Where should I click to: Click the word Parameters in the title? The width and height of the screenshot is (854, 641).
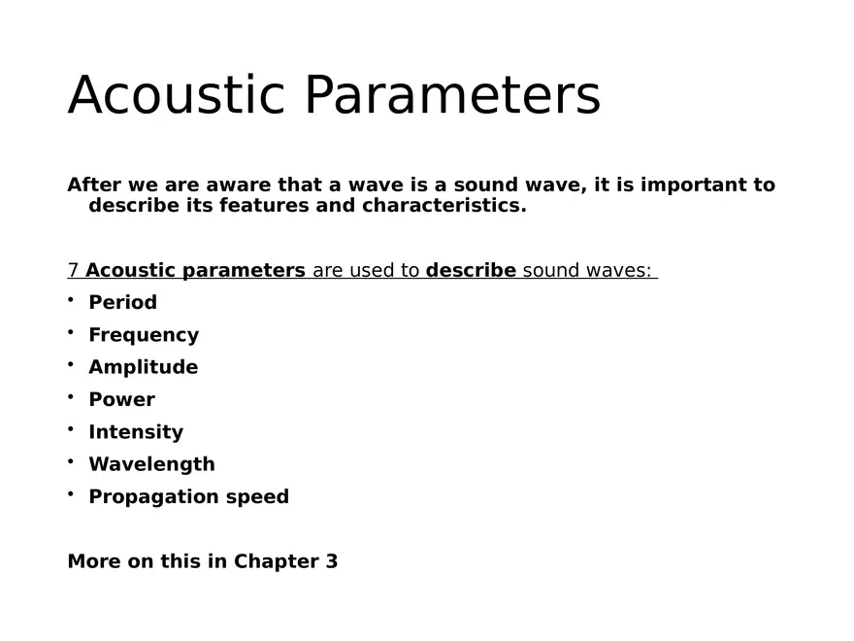coord(452,95)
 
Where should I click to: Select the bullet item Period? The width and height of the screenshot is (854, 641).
coord(122,302)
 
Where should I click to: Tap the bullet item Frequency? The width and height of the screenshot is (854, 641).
coord(144,335)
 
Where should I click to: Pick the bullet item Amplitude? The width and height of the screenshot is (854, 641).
coord(143,367)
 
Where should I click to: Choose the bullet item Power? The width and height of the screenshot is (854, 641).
coord(121,399)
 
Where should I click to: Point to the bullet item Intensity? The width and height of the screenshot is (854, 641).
coord(136,432)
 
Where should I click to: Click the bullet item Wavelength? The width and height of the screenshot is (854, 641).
coord(151,464)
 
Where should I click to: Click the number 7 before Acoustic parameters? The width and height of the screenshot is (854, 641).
coord(73,270)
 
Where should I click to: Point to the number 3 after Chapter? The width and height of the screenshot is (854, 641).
coord(332,561)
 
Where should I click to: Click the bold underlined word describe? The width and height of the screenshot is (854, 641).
coord(471,270)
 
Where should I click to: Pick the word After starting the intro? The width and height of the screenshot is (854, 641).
coord(92,185)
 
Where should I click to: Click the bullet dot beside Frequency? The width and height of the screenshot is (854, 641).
coord(71,332)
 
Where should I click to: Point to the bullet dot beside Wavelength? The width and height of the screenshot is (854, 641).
coord(71,461)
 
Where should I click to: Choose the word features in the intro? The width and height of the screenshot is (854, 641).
coord(264,206)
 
